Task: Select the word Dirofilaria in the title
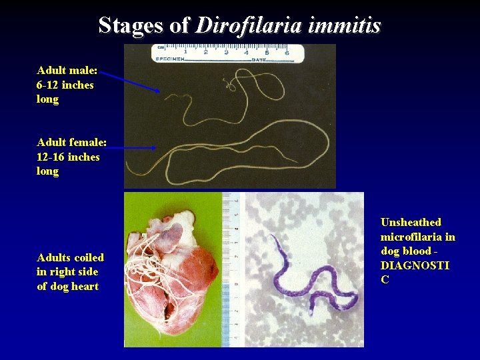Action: click(249, 25)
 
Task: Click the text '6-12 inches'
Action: click(65, 85)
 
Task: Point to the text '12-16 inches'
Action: click(69, 157)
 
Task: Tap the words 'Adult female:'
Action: click(69, 142)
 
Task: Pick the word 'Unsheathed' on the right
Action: click(411, 222)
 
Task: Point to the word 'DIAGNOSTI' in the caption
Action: click(415, 265)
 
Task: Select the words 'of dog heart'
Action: click(68, 286)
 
